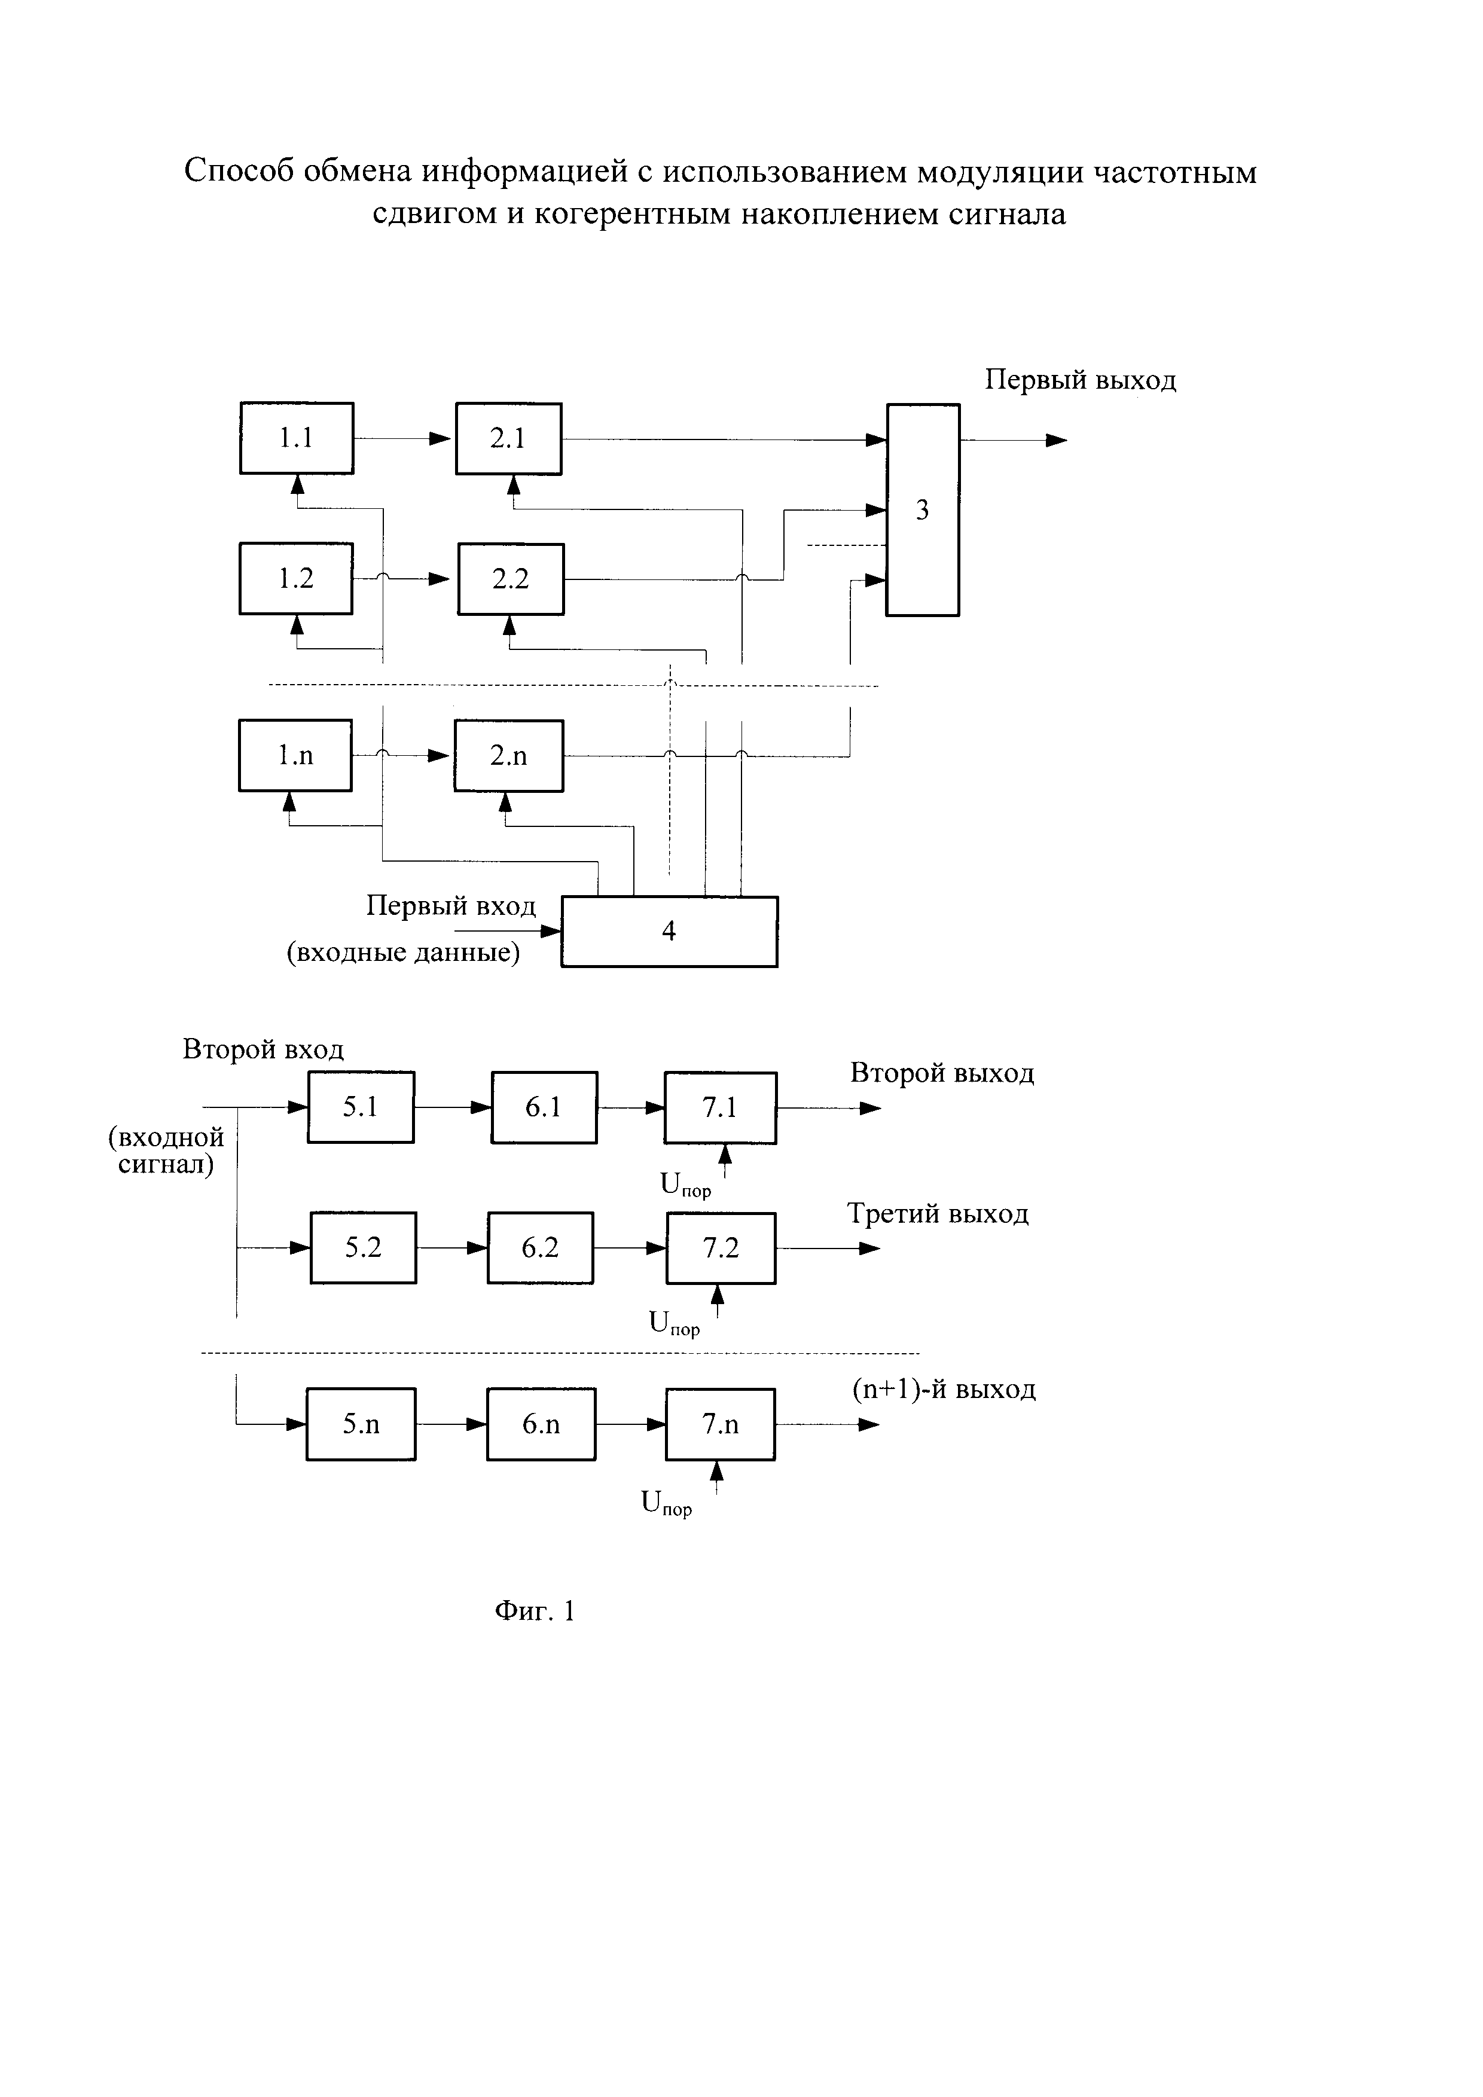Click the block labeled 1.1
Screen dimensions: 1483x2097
click(x=297, y=438)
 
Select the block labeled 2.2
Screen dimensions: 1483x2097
click(x=511, y=579)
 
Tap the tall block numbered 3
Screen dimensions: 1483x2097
click(x=922, y=509)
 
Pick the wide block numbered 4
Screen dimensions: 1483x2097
click(x=669, y=932)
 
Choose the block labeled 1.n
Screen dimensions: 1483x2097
click(x=295, y=755)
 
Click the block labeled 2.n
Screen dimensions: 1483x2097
click(x=509, y=755)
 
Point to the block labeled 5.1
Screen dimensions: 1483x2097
click(x=361, y=1107)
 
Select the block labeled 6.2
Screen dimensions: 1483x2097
click(x=540, y=1247)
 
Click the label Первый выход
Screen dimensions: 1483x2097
click(x=1081, y=380)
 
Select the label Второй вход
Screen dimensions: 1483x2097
click(x=263, y=1049)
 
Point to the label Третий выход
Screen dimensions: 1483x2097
click(x=938, y=1214)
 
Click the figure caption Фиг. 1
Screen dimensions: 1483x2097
click(x=535, y=1610)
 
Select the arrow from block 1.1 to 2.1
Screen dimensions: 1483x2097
click(x=402, y=438)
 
